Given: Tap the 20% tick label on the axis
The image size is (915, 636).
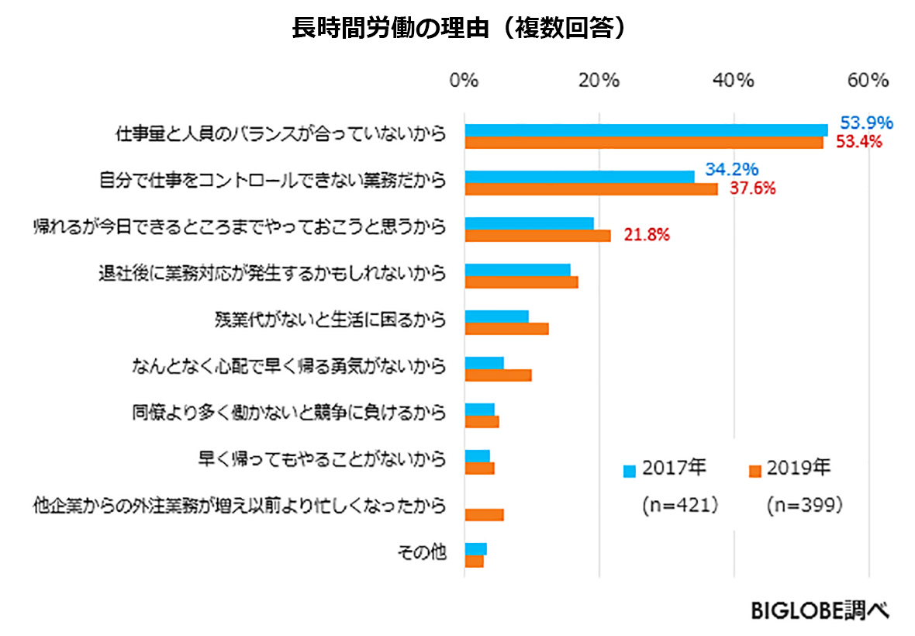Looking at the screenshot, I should [x=599, y=81].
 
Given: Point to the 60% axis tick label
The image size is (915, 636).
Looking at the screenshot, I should [x=868, y=81].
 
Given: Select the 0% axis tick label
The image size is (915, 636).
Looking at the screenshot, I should [x=464, y=81].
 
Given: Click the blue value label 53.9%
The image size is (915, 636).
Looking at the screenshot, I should [x=866, y=123].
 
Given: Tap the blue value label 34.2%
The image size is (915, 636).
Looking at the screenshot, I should [x=731, y=169].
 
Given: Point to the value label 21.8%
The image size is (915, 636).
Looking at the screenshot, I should [x=647, y=235].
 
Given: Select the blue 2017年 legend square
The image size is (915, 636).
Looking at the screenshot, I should [x=630, y=471].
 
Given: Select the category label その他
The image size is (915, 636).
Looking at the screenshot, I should [x=422, y=552].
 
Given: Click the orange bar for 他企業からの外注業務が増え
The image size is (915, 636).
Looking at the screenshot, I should [x=484, y=515].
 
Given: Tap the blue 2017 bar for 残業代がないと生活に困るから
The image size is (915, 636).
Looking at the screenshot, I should [x=496, y=316].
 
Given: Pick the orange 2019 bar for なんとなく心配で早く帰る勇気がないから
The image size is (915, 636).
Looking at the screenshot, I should [x=498, y=375].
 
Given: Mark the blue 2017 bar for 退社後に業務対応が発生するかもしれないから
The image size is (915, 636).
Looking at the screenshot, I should [x=517, y=270].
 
